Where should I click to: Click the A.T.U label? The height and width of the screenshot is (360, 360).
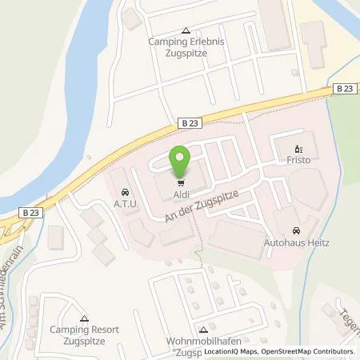tap(126, 204)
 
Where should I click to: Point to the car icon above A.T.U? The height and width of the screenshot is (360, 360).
tap(126, 192)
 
